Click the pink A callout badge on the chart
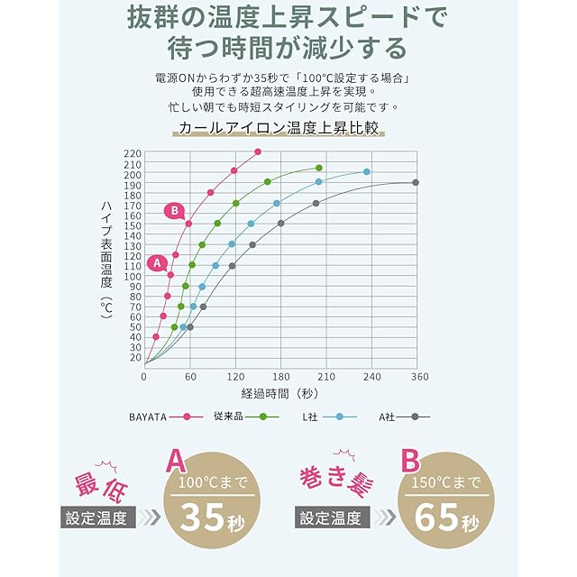point(156,263)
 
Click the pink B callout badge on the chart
point(175,211)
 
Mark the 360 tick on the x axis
point(417,377)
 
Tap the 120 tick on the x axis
point(235,377)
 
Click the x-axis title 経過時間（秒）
point(279,393)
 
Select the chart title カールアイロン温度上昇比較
point(279,129)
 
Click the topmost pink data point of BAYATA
point(258,151)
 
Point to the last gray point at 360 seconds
point(416,182)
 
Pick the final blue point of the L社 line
point(367,171)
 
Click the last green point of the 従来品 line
point(319,168)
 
